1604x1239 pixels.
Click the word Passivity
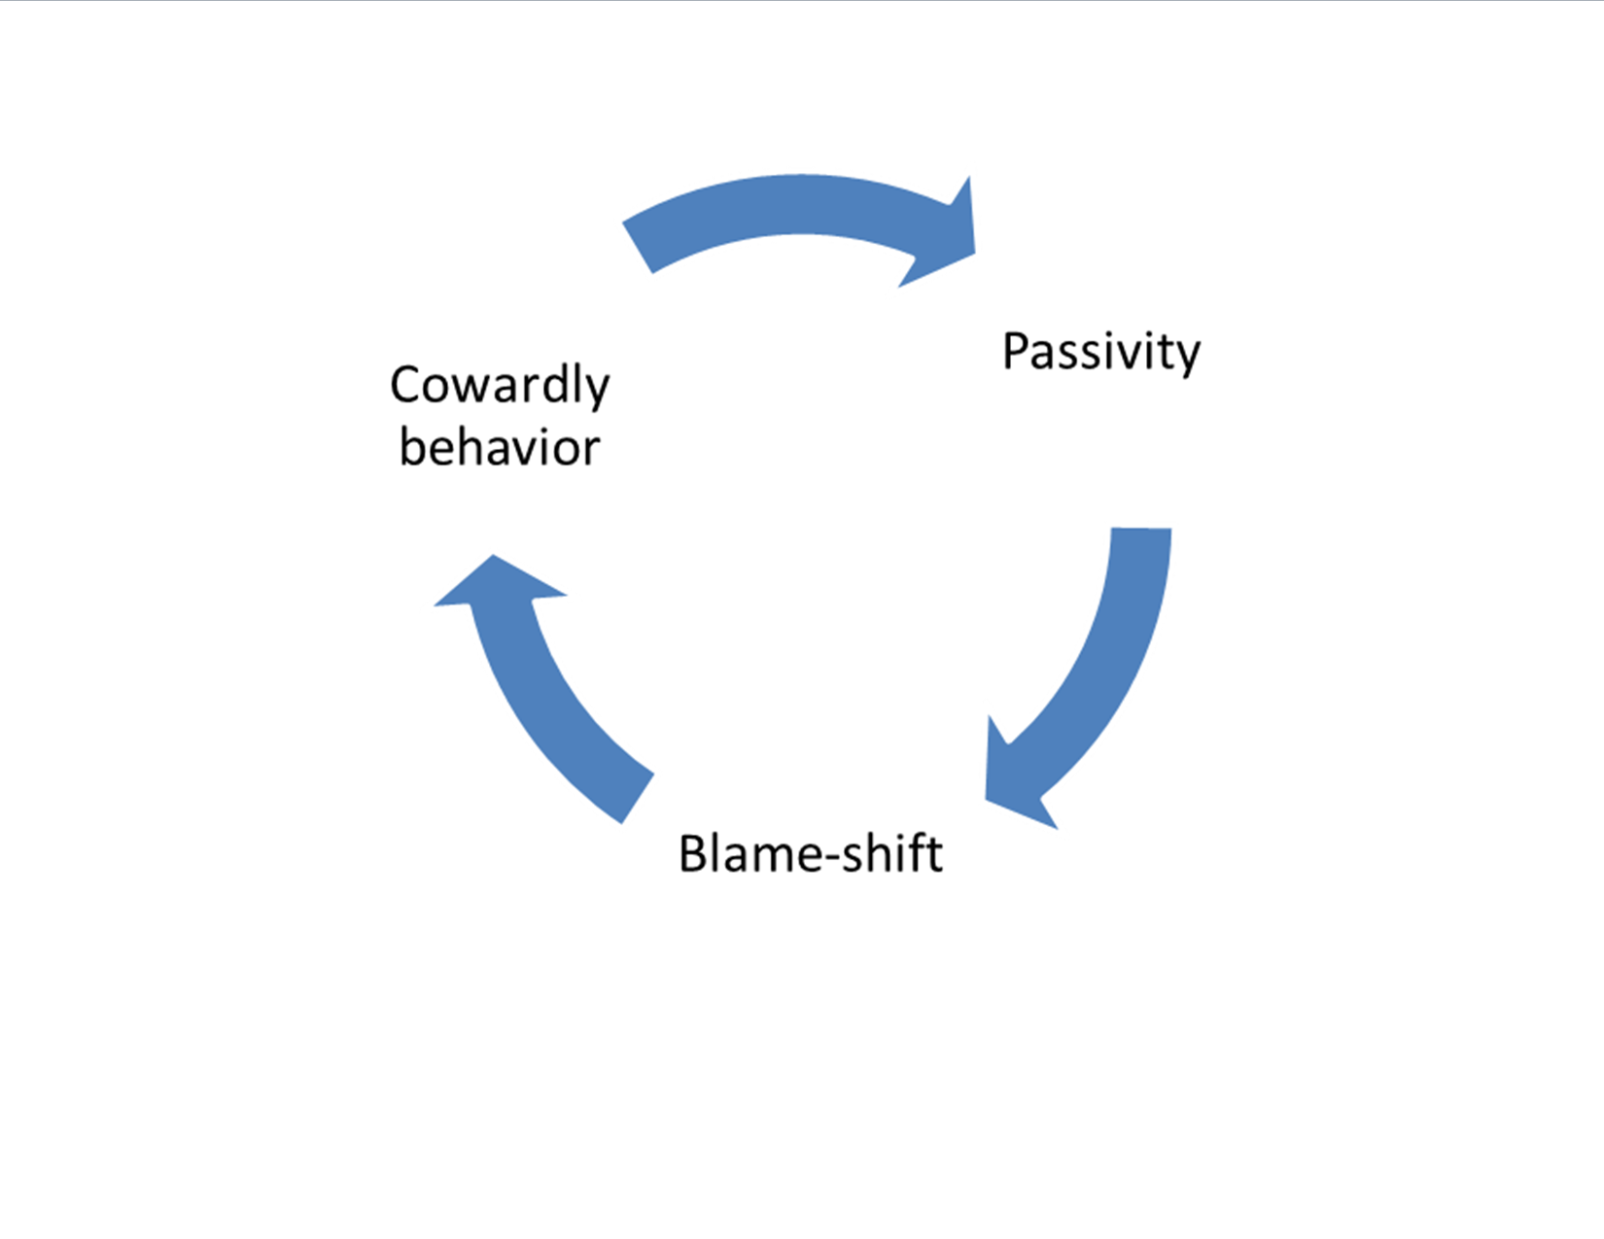tap(1100, 352)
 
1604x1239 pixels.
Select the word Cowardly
tap(500, 385)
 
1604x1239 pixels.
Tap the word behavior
tap(500, 448)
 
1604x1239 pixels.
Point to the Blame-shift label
tap(810, 854)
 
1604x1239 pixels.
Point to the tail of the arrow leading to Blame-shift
tap(1141, 535)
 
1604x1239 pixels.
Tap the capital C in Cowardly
tap(405, 385)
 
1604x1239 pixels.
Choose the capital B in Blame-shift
tap(693, 854)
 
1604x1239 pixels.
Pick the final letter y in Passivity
tap(1188, 358)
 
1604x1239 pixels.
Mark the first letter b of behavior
tap(412, 448)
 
